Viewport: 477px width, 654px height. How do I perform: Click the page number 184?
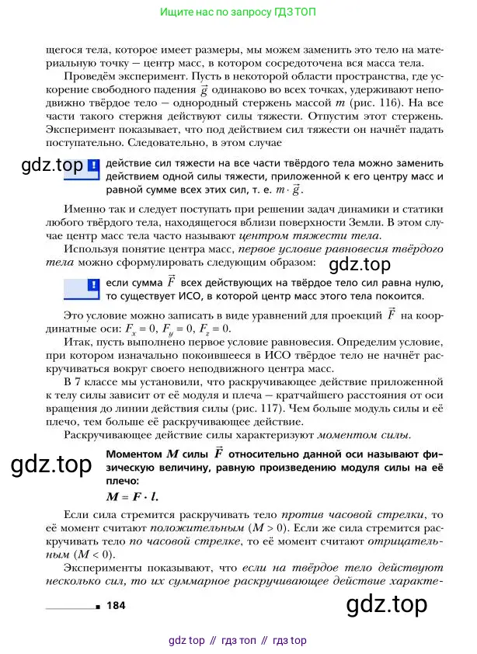pos(117,605)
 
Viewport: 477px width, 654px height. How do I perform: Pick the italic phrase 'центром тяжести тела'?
pos(309,235)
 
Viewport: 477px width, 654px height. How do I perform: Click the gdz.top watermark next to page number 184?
pos(387,604)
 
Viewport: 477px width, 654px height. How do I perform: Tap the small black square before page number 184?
pos(97,606)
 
